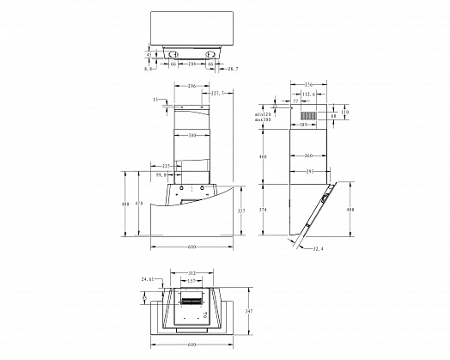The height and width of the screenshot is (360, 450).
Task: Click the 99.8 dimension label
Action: tap(161, 174)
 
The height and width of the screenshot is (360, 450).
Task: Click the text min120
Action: tap(263, 113)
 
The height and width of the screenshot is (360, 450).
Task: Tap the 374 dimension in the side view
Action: tap(264, 209)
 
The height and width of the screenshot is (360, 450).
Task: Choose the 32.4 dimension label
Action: tap(319, 249)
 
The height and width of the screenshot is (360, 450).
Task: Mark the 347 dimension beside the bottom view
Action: tap(249, 311)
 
